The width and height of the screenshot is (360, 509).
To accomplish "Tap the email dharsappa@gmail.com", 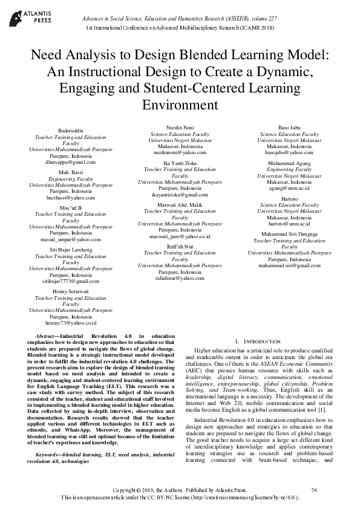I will (x=71, y=163).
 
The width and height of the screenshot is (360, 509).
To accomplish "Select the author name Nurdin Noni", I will (x=180, y=128).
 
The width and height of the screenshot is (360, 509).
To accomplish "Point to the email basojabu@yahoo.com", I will (x=289, y=153).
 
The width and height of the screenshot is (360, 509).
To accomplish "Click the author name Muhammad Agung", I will (x=289, y=163).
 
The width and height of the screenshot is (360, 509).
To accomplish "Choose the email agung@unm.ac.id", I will (x=289, y=188).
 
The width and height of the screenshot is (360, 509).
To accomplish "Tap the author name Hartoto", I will (x=289, y=198).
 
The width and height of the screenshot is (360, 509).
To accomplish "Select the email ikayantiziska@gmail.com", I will (x=180, y=195).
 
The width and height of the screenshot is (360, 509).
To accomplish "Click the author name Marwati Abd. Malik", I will (x=180, y=205).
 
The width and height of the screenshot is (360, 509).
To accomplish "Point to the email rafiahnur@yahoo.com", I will (x=180, y=278).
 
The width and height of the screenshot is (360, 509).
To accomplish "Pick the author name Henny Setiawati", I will (x=71, y=291).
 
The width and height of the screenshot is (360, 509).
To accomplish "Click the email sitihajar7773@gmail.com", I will (x=71, y=281).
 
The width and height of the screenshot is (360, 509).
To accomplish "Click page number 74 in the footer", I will (x=313, y=489).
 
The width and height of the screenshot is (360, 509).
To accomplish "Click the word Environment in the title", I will (x=180, y=105).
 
